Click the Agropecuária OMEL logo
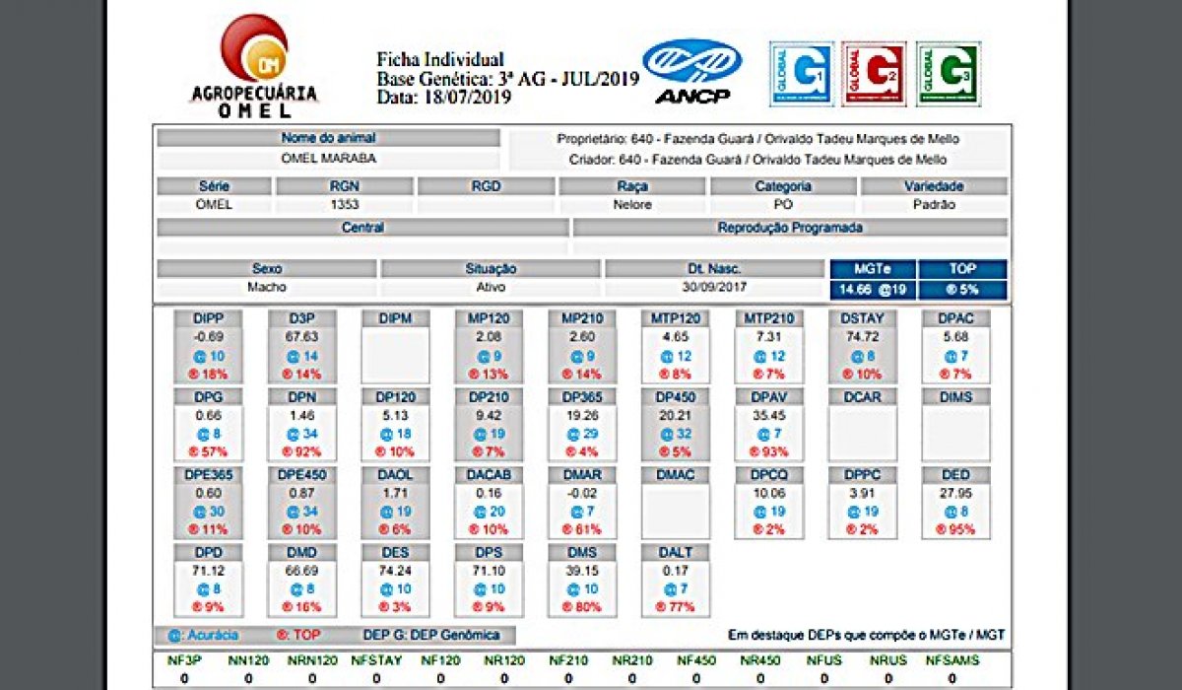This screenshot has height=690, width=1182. (x=253, y=66)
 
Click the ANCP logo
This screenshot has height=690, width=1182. (x=691, y=71)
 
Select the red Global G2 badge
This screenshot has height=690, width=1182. (x=873, y=73)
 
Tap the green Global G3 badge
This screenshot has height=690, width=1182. (x=948, y=73)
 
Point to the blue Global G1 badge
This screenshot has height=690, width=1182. (x=801, y=73)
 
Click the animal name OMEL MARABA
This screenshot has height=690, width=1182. (x=328, y=159)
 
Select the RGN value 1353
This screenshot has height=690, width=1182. (x=345, y=205)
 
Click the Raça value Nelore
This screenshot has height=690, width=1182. (x=631, y=205)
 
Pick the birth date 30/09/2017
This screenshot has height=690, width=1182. (x=713, y=288)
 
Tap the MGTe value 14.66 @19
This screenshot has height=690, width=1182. (x=873, y=289)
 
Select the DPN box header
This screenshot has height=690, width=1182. (x=302, y=396)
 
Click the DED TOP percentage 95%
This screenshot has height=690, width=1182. (x=956, y=529)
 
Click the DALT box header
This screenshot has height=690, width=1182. (x=676, y=553)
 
